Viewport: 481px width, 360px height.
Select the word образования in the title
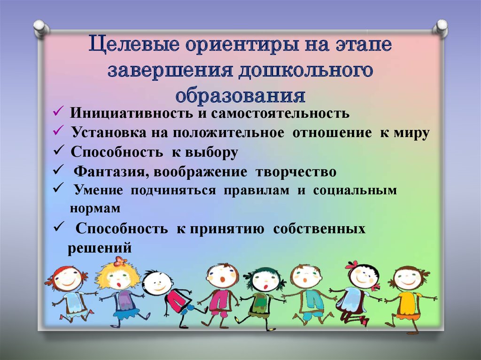coord(240,95)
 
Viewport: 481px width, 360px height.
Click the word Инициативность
coord(132,113)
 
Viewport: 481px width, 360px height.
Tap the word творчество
coord(296,172)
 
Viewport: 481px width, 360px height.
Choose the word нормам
coord(95,208)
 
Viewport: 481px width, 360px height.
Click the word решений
coord(100,248)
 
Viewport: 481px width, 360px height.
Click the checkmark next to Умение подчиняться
coord(58,187)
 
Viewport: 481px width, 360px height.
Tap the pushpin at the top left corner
coord(41,29)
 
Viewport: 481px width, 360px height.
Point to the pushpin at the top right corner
coord(441,29)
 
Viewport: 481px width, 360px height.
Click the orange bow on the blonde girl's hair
coord(120,261)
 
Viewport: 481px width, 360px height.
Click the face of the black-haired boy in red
coord(158,282)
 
